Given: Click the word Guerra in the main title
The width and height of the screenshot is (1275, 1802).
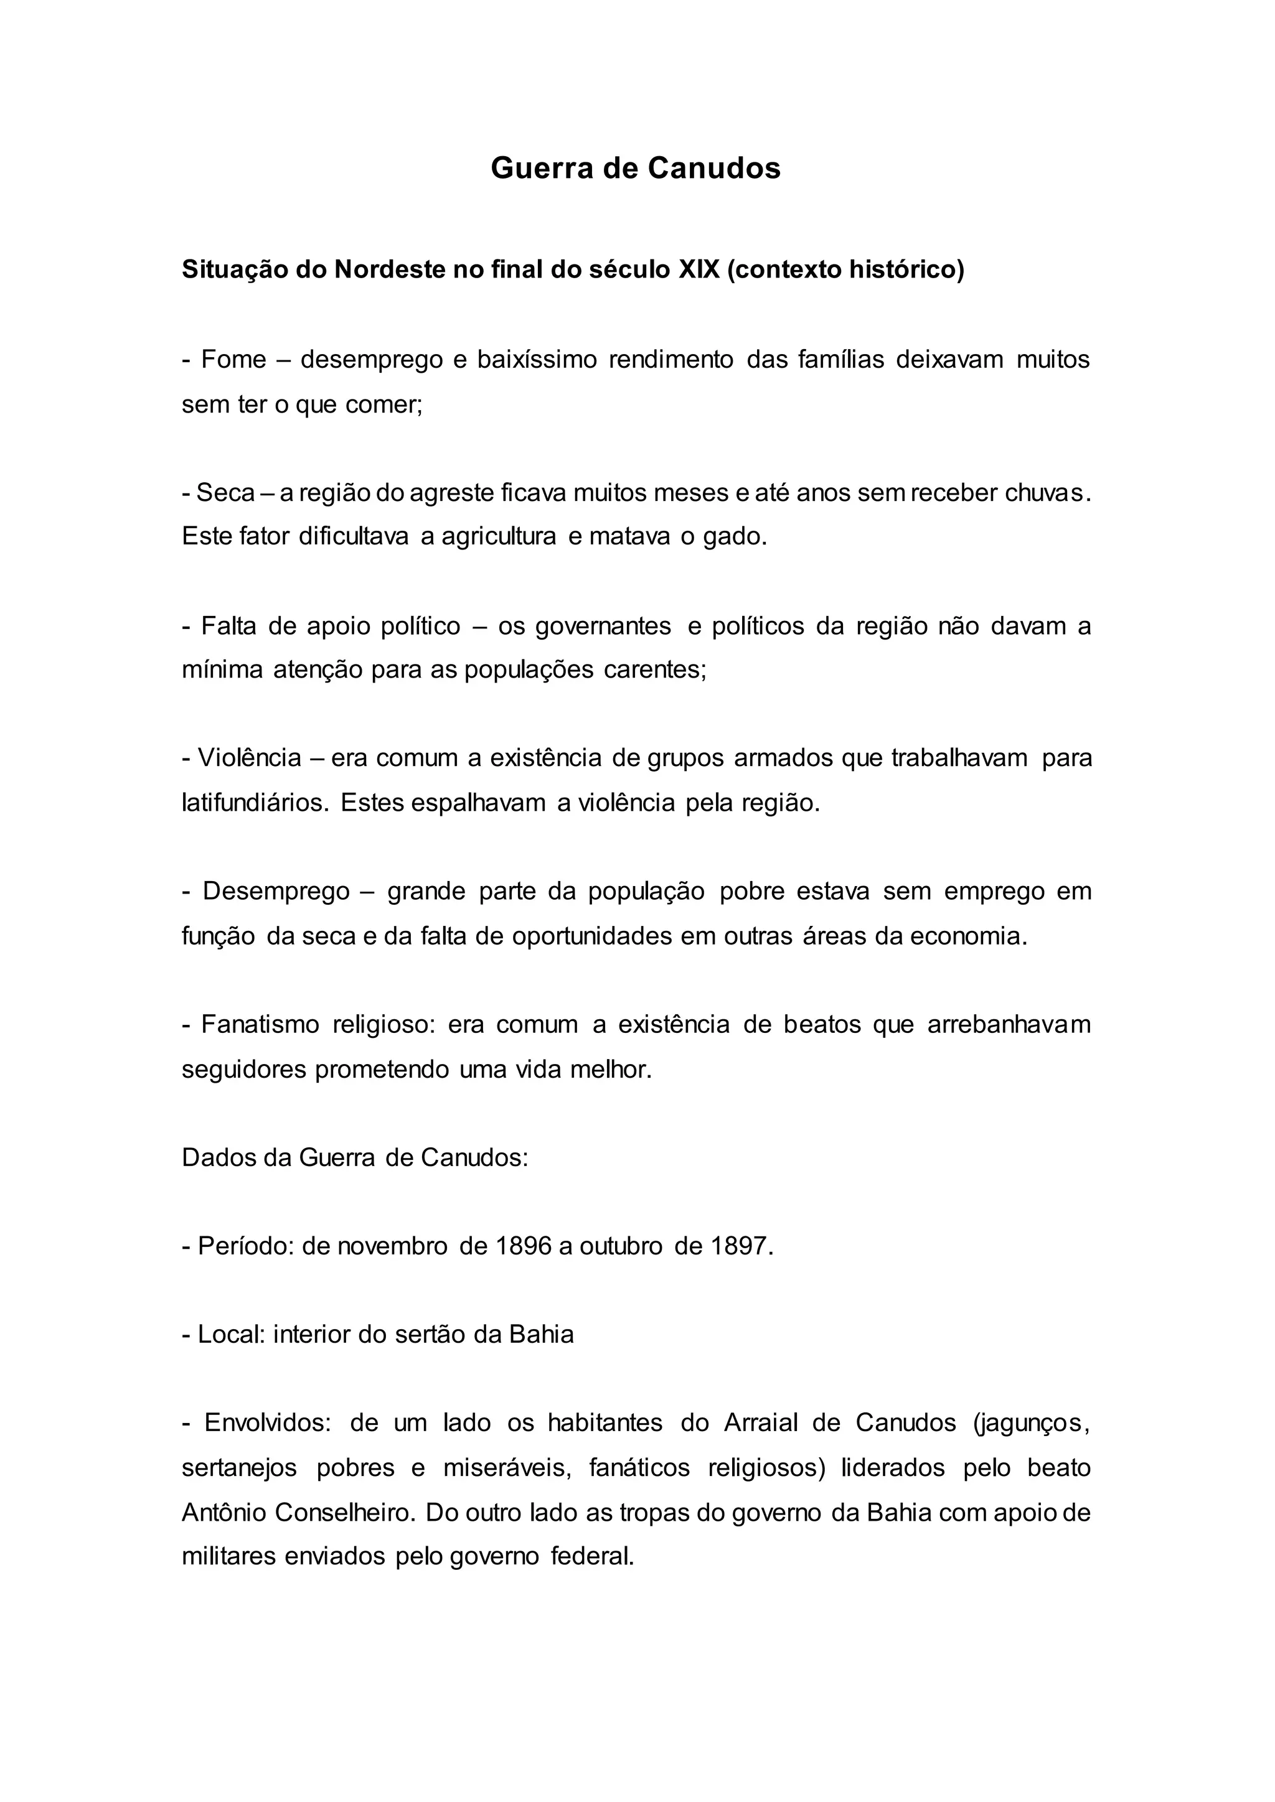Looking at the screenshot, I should (x=542, y=168).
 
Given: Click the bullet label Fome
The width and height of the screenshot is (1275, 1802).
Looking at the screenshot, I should (x=233, y=360).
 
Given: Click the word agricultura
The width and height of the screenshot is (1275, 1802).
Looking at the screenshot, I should (x=499, y=537).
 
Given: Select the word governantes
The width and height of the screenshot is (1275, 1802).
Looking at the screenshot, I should (x=603, y=627).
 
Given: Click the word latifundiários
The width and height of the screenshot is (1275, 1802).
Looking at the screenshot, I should (x=255, y=804).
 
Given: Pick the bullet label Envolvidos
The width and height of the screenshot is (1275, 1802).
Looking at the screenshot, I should (x=267, y=1424).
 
